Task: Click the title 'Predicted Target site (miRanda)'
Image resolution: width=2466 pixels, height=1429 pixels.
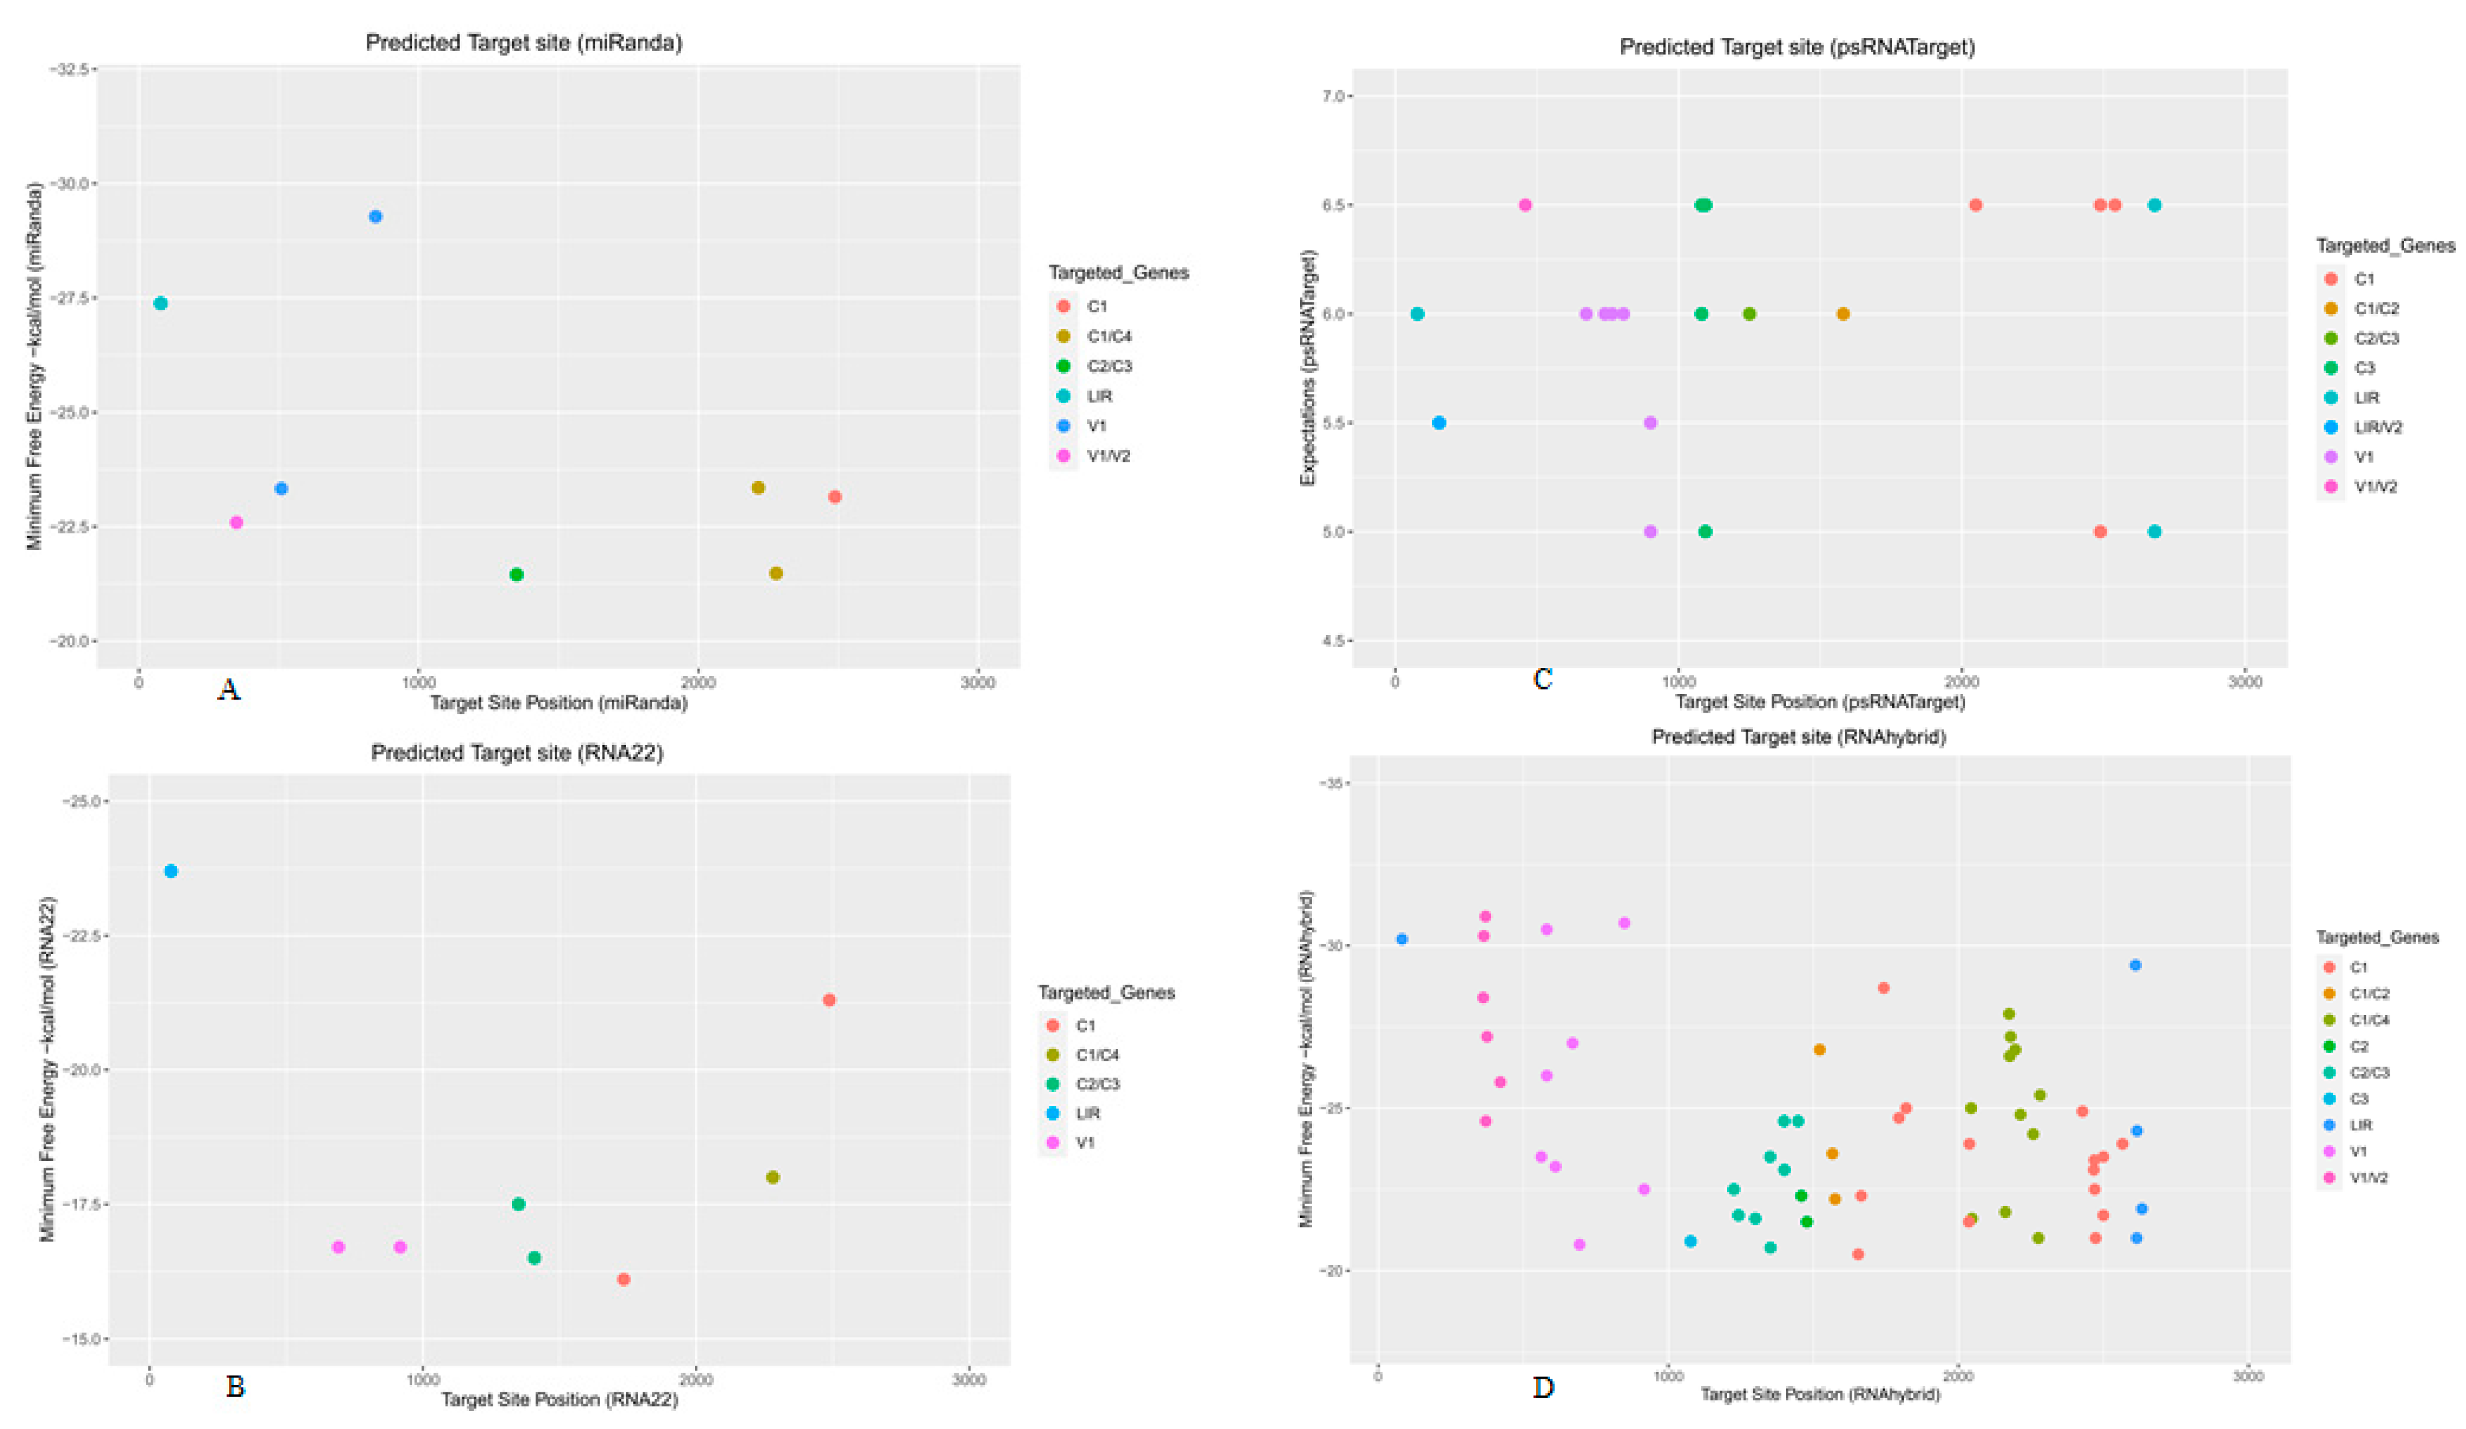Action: coord(524,42)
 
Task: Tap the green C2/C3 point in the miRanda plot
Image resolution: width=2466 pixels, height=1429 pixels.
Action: coord(517,575)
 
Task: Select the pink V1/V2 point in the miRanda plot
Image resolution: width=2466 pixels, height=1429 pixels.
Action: coord(236,523)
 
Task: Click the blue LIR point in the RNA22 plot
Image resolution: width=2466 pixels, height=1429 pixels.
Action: coord(171,871)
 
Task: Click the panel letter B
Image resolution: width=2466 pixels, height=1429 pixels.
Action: coord(235,1387)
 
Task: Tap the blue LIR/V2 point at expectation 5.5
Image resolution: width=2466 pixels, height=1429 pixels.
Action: coord(1438,423)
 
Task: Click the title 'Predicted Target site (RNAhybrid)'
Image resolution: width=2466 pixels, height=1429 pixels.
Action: coord(1798,737)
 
